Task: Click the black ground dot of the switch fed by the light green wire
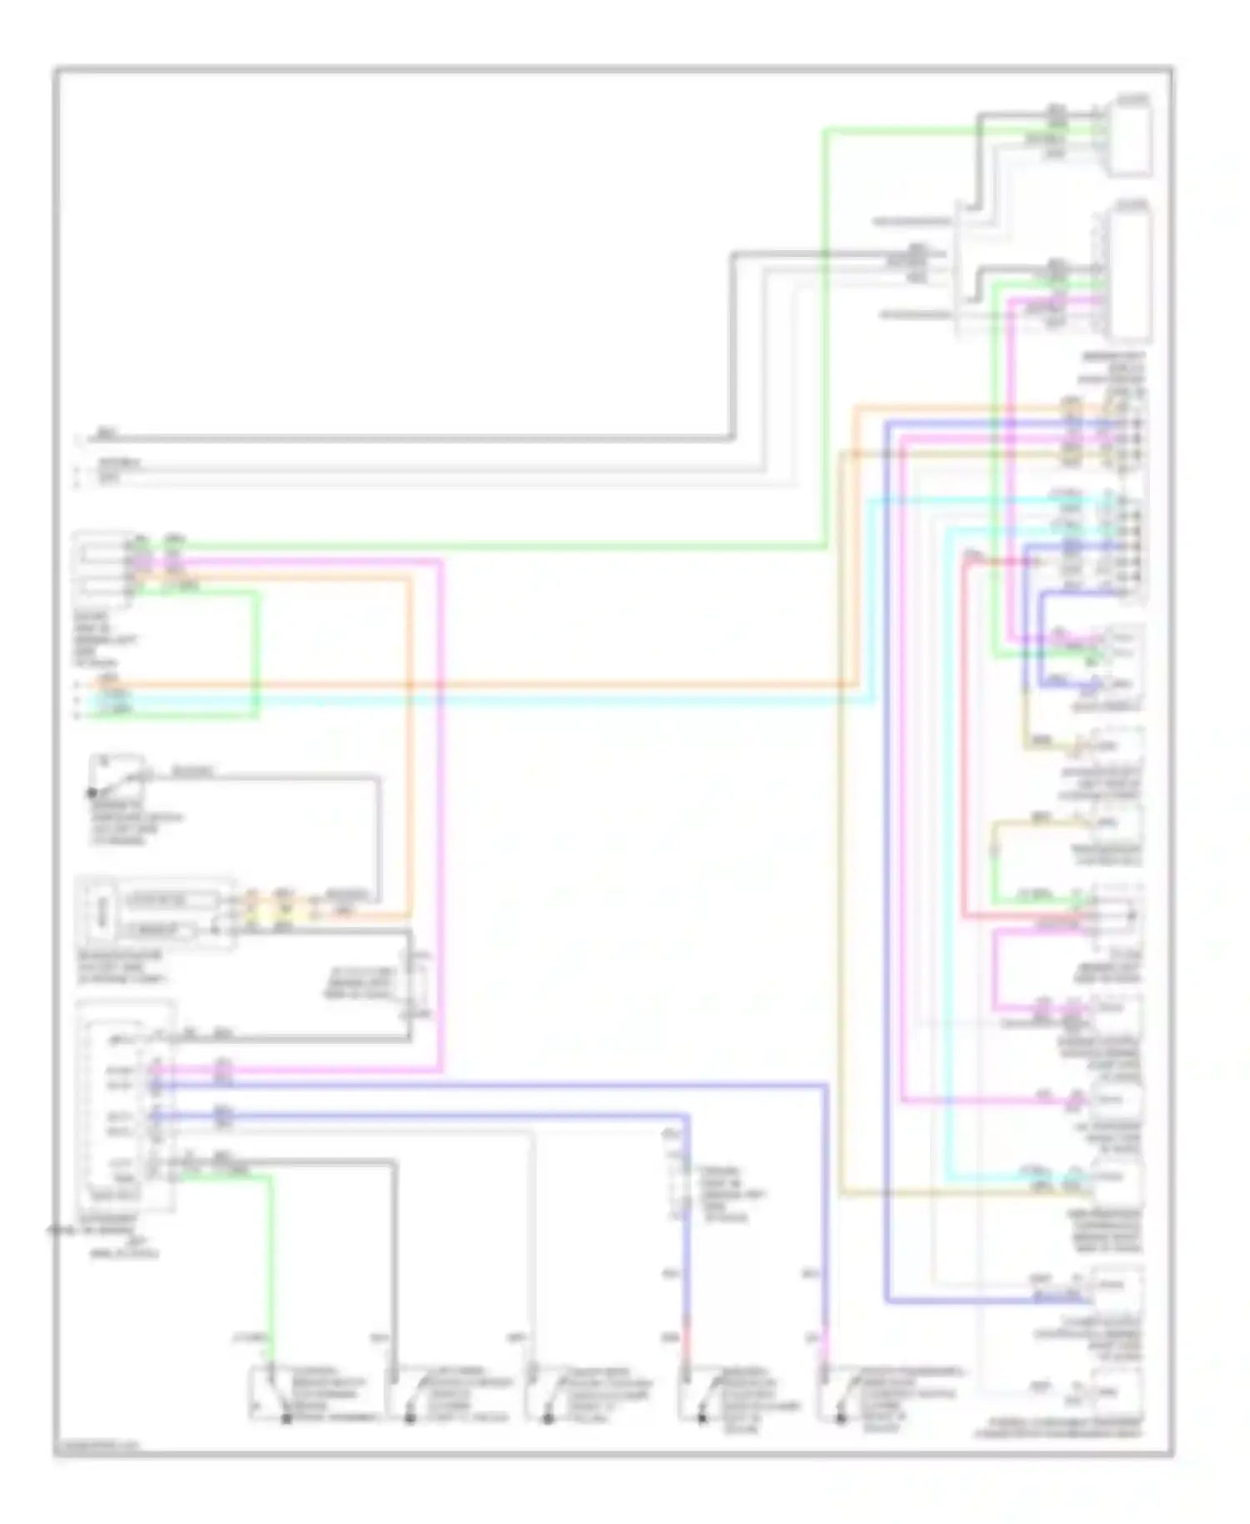click(x=286, y=1418)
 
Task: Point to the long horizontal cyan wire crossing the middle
click(x=500, y=700)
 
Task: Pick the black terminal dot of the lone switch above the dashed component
click(x=92, y=794)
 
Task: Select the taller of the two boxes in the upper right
click(x=1130, y=275)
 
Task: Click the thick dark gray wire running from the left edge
click(x=417, y=438)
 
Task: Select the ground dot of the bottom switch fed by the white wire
click(x=547, y=1418)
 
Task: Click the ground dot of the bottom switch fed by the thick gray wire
click(x=409, y=1418)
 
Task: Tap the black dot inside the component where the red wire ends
click(x=1131, y=915)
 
